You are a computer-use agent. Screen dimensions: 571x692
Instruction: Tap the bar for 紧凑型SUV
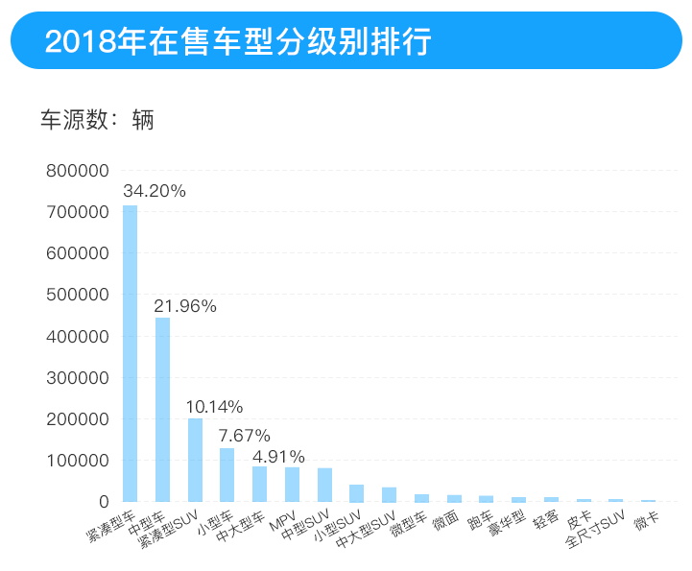(195, 460)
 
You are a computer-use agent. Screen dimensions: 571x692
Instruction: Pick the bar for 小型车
(227, 475)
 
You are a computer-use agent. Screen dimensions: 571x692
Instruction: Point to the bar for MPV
(292, 485)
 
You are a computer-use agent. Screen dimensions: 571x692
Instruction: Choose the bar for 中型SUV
(324, 485)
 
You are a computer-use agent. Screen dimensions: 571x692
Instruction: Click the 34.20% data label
(154, 191)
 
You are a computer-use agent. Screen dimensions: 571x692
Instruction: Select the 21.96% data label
(186, 306)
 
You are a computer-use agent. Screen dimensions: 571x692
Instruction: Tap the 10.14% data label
(215, 407)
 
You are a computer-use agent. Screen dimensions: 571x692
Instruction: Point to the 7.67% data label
(244, 436)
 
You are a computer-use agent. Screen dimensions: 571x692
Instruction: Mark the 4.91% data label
(278, 456)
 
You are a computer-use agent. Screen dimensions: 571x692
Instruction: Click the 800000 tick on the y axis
(78, 171)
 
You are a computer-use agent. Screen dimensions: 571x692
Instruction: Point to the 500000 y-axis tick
(78, 295)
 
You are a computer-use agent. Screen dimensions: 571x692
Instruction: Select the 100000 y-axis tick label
(78, 461)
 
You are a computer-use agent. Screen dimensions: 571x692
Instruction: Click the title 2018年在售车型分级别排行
(238, 41)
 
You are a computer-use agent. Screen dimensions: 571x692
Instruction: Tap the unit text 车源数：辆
(97, 121)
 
